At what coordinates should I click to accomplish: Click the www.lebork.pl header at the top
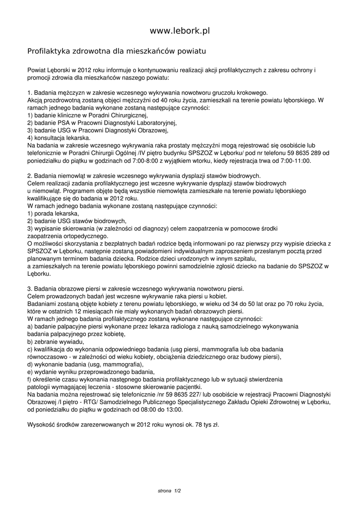tap(180, 31)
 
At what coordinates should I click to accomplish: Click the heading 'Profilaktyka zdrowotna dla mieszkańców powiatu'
tap(116, 51)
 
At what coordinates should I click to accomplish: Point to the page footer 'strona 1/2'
tap(169, 491)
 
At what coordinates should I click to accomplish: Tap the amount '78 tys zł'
tap(205, 425)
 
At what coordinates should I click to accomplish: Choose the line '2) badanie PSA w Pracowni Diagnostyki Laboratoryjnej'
tap(102, 123)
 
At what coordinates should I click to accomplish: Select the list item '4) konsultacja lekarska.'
tap(59, 137)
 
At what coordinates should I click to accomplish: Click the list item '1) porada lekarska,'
tap(53, 213)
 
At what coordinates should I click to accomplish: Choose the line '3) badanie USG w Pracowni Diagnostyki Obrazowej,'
tap(98, 130)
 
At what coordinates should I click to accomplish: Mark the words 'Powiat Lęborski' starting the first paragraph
tap(49, 70)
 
